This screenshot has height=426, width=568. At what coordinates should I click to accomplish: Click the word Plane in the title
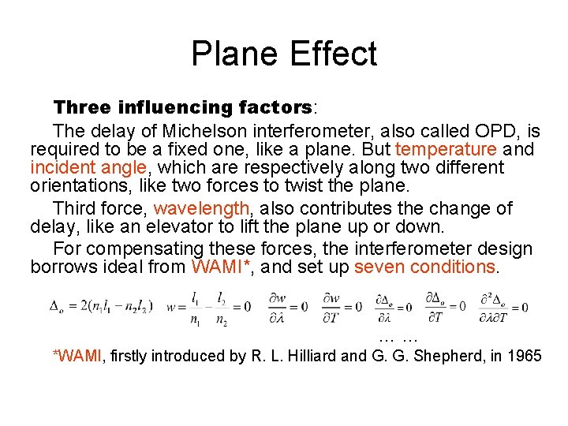[x=236, y=54]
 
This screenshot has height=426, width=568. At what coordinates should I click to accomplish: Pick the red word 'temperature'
[x=446, y=149]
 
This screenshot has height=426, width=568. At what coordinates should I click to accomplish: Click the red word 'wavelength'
[x=203, y=208]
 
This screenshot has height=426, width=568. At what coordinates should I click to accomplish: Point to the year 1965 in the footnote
[x=522, y=356]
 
